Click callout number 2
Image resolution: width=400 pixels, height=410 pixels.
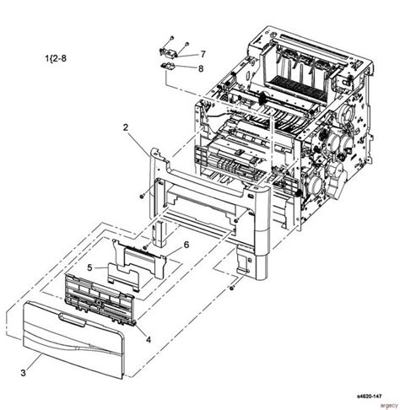click(x=126, y=127)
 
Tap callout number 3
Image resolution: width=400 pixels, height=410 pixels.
click(x=23, y=373)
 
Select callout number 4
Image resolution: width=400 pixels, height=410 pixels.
click(x=149, y=340)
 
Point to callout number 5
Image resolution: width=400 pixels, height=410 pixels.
click(x=89, y=268)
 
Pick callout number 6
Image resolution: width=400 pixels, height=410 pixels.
click(x=186, y=245)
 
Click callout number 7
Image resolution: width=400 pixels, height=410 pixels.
click(x=203, y=54)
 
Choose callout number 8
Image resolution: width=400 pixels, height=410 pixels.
click(x=201, y=68)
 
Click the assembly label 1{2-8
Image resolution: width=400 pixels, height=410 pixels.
click(x=56, y=58)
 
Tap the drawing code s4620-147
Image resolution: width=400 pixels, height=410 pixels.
click(x=369, y=397)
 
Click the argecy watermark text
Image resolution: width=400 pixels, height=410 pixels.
click(x=389, y=405)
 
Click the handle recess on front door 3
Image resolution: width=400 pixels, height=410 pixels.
click(x=72, y=320)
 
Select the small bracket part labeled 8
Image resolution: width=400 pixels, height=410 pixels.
click(x=168, y=67)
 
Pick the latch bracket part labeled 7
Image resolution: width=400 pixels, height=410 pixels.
click(x=167, y=52)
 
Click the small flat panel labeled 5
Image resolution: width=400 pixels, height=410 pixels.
click(x=123, y=277)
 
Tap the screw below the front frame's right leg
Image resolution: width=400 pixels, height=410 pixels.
click(x=232, y=288)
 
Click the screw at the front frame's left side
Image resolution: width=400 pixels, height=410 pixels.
click(x=142, y=197)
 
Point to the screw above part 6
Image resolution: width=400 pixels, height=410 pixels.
click(x=145, y=247)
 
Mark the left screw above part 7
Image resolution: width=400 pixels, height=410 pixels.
click(x=172, y=38)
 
